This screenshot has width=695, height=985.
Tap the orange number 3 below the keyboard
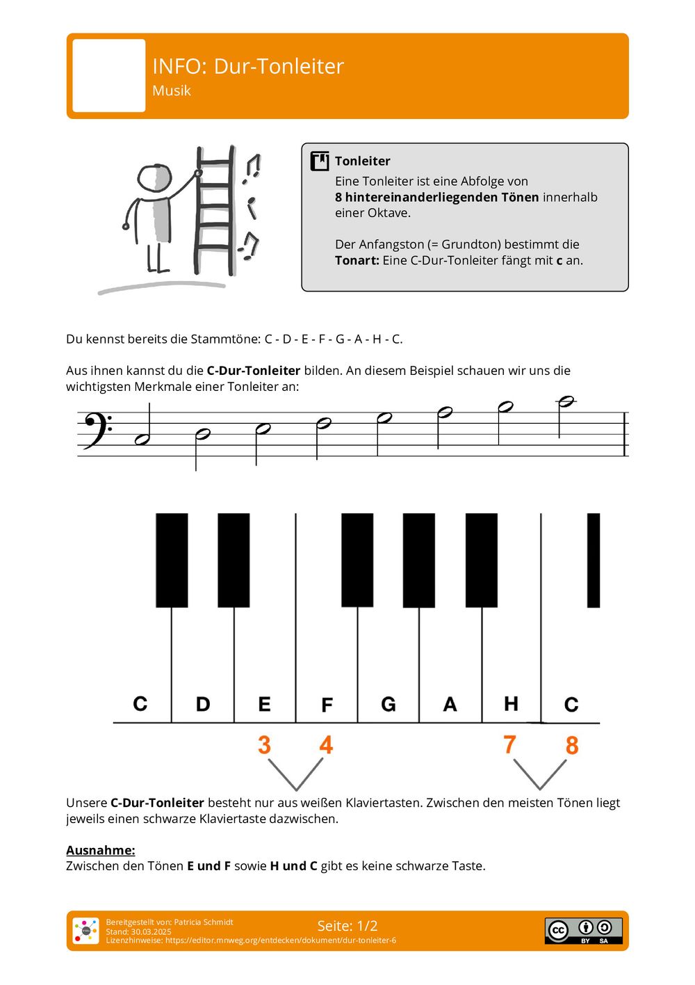(x=264, y=745)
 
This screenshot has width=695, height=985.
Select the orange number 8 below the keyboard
(x=572, y=746)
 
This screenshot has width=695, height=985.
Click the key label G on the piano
(x=389, y=705)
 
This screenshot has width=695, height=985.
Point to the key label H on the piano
(x=511, y=704)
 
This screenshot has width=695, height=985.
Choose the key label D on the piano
(x=203, y=705)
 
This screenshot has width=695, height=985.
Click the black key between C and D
(x=172, y=560)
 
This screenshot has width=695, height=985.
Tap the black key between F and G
(x=357, y=560)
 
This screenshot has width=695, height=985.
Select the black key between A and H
(x=481, y=560)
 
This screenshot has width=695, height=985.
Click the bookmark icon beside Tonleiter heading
(x=320, y=161)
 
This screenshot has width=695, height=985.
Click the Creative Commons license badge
(x=583, y=931)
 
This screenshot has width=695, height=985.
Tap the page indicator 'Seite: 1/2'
(x=347, y=926)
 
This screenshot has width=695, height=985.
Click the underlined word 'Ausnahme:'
(x=101, y=850)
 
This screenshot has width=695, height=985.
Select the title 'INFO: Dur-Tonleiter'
(x=248, y=66)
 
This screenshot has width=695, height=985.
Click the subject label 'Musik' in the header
(x=171, y=90)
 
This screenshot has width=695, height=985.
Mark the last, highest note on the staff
(x=566, y=402)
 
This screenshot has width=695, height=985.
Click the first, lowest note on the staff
(x=142, y=439)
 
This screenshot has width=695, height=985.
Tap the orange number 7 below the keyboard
(x=510, y=744)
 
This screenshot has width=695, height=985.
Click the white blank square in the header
(x=109, y=76)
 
